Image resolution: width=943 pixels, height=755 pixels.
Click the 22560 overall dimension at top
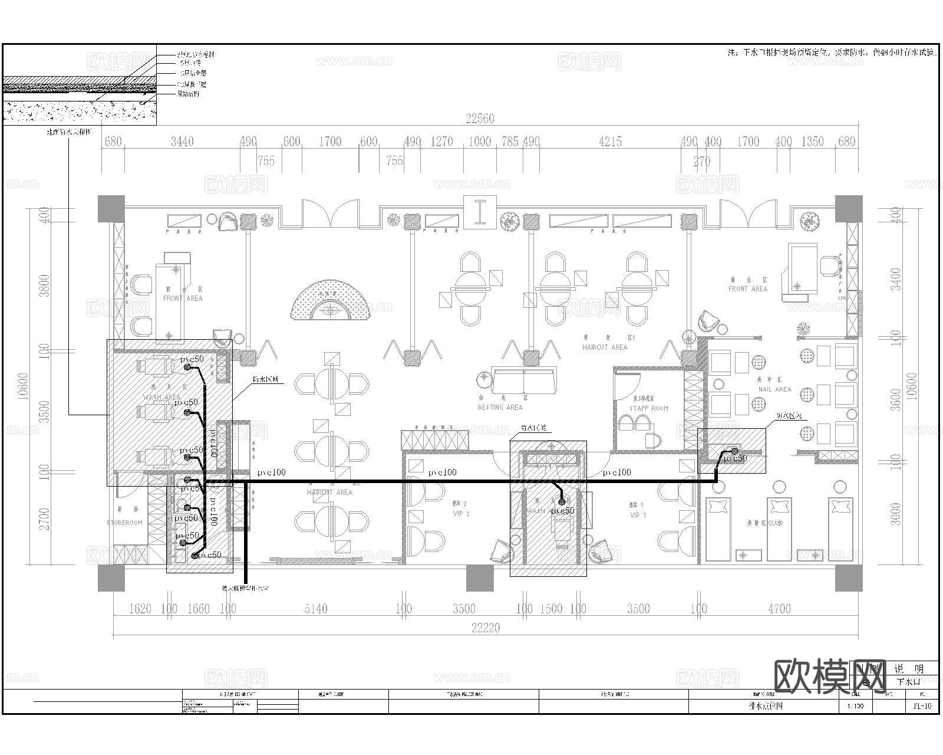coord(480,119)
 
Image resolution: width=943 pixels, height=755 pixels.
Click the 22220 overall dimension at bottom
coord(485,628)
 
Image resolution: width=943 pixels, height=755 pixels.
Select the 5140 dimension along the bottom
coord(316,609)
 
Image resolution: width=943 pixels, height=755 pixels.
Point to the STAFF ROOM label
coord(649,408)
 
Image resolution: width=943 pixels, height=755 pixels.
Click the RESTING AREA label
coord(500,407)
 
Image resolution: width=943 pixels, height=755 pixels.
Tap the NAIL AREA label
coord(774,389)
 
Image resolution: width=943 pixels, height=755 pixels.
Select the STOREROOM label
coord(125,523)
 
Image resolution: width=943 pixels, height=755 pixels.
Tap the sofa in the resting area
coord(524,381)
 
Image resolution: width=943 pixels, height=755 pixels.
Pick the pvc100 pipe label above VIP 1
coord(616,472)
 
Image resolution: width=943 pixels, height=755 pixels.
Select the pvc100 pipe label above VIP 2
coord(443,472)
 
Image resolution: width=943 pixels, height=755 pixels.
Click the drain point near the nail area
coord(734,452)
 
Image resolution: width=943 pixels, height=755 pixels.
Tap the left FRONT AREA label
coord(182,298)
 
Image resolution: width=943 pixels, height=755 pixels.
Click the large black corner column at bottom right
coord(849,578)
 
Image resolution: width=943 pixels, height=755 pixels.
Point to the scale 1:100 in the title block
coord(855,705)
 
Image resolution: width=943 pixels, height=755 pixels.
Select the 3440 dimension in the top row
coord(182,142)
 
